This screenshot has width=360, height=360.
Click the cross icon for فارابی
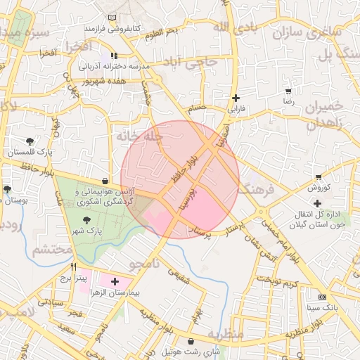click(x=236, y=98)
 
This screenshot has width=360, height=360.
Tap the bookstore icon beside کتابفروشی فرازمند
click(x=113, y=18)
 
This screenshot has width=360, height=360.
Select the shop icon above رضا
click(x=288, y=91)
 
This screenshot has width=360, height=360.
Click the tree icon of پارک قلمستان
click(x=29, y=141)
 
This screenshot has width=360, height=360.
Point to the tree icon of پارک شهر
click(x=86, y=220)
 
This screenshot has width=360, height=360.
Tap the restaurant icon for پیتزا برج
click(x=74, y=267)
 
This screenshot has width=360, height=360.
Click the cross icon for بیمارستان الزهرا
click(x=115, y=281)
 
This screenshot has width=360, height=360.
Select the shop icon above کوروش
click(x=319, y=177)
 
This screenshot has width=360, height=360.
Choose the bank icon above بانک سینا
click(x=322, y=297)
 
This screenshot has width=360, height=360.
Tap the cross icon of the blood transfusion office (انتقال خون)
click(x=318, y=203)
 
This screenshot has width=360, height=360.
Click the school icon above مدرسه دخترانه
click(x=114, y=56)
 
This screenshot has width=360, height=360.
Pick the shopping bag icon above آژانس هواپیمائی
click(x=105, y=181)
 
